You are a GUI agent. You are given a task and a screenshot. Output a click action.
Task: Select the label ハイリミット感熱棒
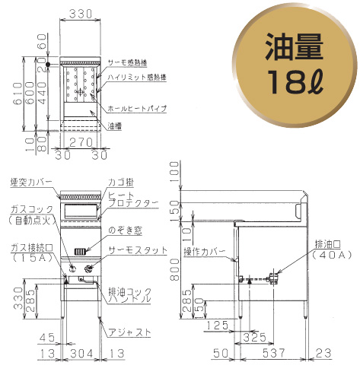[137, 78]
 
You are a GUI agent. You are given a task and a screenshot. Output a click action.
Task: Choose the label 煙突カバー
[31, 183]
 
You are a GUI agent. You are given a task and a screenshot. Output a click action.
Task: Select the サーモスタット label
[134, 249]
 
